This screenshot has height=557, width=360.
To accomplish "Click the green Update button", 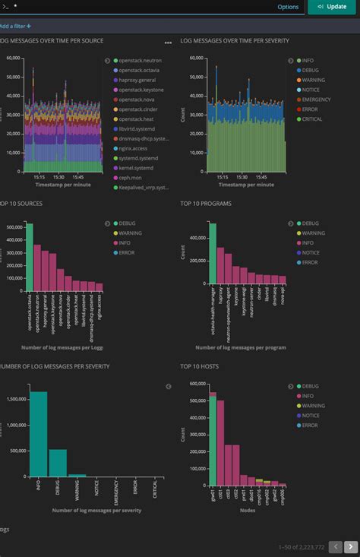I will tap(331, 7).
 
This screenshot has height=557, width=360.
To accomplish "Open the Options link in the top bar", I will tap(288, 7).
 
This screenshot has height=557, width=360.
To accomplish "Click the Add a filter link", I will tap(15, 26).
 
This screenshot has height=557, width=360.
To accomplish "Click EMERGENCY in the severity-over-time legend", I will tap(311, 100).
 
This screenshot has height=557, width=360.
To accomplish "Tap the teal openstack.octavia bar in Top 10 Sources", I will tap(30, 258).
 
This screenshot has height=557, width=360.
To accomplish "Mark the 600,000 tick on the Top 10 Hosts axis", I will tap(195, 383).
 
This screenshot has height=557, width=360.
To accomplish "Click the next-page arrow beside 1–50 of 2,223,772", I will tap(350, 546).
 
